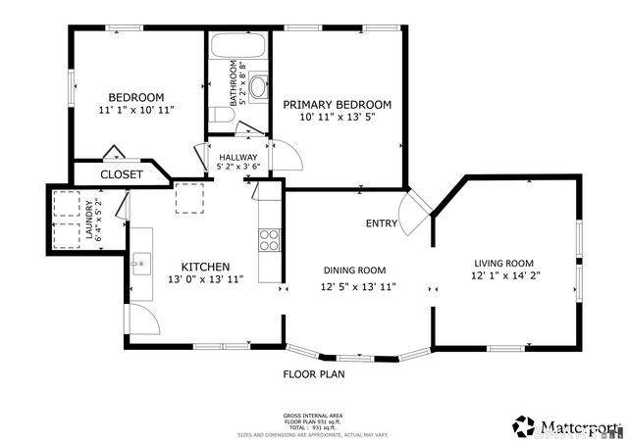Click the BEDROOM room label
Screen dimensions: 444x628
(x=135, y=97)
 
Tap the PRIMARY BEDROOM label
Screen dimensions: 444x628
(x=338, y=104)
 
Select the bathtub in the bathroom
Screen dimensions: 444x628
(x=235, y=46)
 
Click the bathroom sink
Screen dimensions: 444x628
(x=258, y=87)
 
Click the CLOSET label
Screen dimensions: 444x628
(x=122, y=174)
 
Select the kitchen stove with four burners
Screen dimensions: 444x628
(x=269, y=240)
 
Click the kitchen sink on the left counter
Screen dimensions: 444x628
(x=141, y=263)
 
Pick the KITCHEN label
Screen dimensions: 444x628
(x=205, y=267)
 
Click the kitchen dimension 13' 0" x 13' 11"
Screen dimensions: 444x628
(x=205, y=280)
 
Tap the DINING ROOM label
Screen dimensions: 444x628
(x=354, y=271)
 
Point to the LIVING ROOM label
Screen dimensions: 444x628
(x=503, y=263)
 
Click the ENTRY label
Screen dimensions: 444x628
(x=382, y=223)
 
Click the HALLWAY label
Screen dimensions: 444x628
(x=237, y=157)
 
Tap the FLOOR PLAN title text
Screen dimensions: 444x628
(x=313, y=373)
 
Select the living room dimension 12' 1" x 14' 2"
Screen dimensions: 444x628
(x=503, y=276)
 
